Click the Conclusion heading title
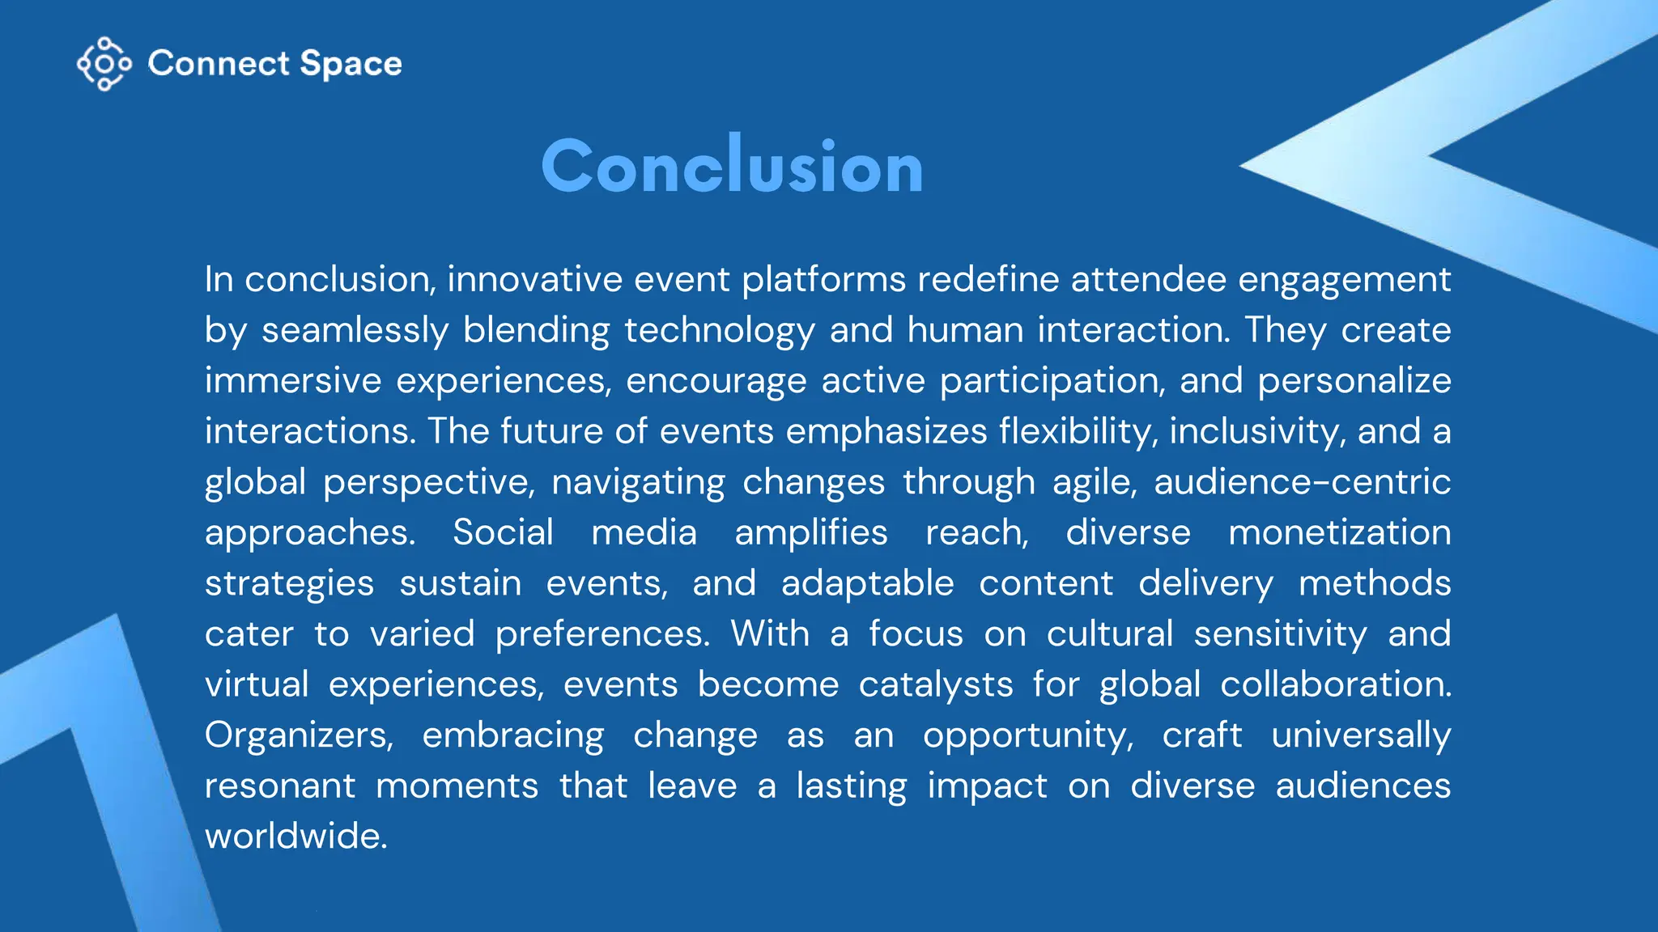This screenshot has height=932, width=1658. (732, 167)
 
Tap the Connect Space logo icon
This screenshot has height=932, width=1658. (104, 63)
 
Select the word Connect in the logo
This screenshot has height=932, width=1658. (219, 63)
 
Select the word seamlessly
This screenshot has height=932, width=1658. (355, 331)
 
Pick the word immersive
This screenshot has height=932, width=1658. (292, 381)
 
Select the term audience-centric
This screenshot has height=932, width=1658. (1302, 482)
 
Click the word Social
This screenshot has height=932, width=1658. (503, 532)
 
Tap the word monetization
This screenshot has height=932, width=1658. (1339, 532)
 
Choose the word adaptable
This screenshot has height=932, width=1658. (867, 583)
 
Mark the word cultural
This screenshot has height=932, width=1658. (1109, 633)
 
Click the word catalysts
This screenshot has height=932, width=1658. (935, 684)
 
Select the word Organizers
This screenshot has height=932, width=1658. (299, 735)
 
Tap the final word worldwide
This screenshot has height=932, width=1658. (295, 836)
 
